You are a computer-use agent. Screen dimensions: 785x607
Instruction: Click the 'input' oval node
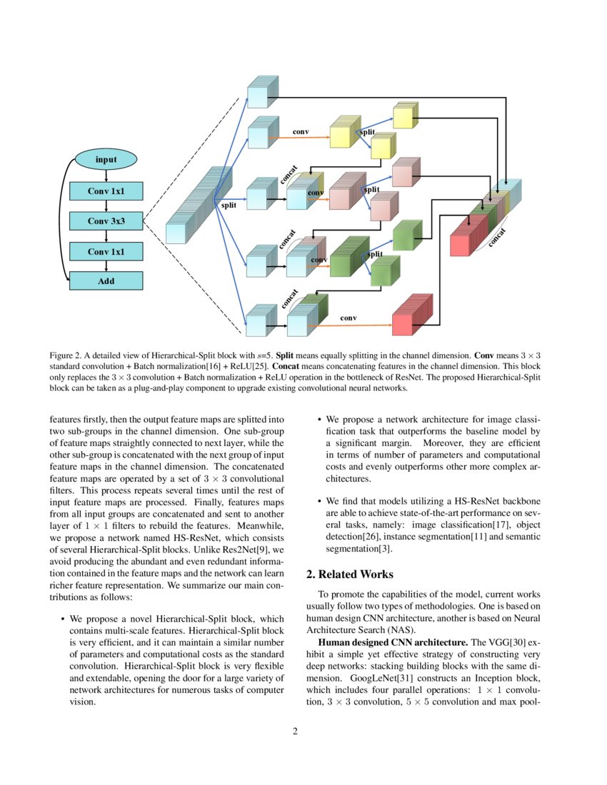[106, 159]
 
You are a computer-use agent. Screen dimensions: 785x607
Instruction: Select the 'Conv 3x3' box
[106, 221]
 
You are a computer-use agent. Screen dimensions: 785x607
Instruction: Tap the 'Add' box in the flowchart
[106, 281]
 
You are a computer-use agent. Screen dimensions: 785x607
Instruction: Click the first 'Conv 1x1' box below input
[106, 191]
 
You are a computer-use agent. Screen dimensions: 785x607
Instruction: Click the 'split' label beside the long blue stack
[229, 205]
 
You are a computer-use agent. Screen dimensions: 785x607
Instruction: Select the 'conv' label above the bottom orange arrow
[348, 317]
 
